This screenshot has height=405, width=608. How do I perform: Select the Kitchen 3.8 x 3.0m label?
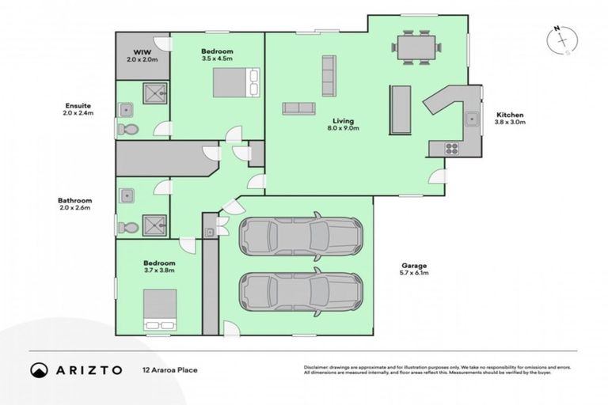(x=509, y=119)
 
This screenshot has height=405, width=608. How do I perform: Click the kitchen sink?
(x=472, y=119)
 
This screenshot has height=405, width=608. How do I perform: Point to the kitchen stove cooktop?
(x=452, y=147)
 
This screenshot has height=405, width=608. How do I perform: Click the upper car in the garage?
(x=300, y=234)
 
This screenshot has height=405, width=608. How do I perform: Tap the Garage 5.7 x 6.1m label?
(x=414, y=270)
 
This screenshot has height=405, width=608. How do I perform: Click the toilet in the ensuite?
(x=127, y=129)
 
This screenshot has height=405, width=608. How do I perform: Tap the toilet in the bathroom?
(x=127, y=227)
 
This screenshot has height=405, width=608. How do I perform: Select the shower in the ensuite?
(x=155, y=95)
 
